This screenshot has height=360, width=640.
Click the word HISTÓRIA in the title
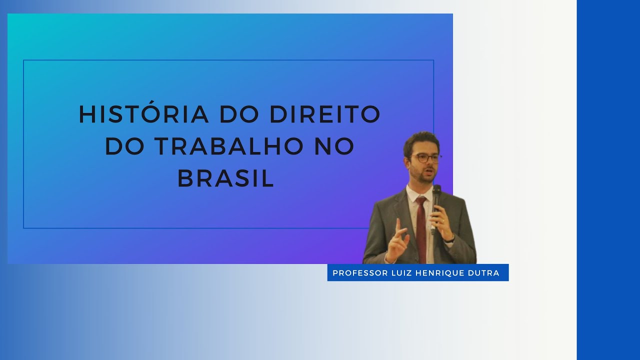click(144, 114)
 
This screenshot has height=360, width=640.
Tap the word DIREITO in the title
click(325, 114)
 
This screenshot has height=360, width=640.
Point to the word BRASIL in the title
click(226, 178)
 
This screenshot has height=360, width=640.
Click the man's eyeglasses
click(425, 158)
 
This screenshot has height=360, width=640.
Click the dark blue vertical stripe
click(608, 180)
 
